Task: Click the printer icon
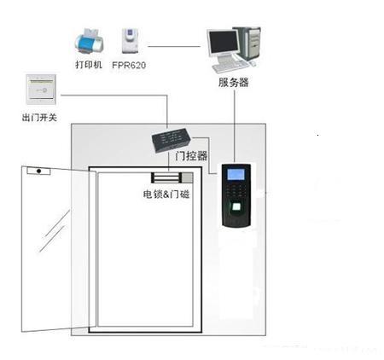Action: tap(89, 42)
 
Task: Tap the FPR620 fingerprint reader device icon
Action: tap(130, 40)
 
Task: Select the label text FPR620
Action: tap(129, 65)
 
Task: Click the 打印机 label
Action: tap(89, 65)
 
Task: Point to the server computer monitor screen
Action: tap(224, 42)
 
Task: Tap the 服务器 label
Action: tap(234, 83)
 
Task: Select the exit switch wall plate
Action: tap(41, 90)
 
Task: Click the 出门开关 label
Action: tap(39, 117)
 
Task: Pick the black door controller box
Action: tap(172, 140)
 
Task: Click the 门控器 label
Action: tap(191, 156)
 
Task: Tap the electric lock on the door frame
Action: tap(172, 177)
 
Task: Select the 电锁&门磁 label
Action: tap(166, 195)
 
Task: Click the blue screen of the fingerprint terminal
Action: tap(236, 174)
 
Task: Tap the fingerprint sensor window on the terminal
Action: tap(236, 206)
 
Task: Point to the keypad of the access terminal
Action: tap(236, 190)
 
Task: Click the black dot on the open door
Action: tap(39, 171)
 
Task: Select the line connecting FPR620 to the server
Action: tap(174, 46)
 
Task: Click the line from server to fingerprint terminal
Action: tap(235, 126)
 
